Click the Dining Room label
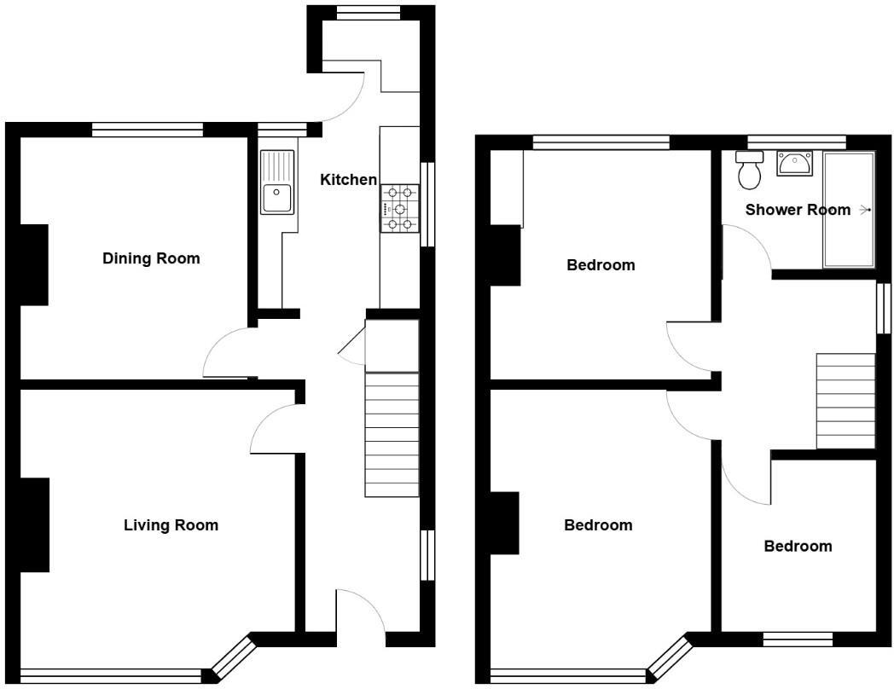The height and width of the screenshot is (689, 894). [x=151, y=258]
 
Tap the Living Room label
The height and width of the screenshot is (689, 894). [x=171, y=525]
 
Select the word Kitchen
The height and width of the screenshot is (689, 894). [x=348, y=180]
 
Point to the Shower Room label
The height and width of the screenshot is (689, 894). [x=798, y=210]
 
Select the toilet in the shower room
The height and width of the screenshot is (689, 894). [x=750, y=171]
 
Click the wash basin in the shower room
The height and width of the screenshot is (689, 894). [x=795, y=162]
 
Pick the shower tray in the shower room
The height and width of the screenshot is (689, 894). [x=848, y=210]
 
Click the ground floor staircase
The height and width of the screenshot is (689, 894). [x=392, y=435]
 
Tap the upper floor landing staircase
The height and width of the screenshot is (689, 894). [x=845, y=401]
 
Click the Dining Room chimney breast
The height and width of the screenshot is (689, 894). [x=34, y=264]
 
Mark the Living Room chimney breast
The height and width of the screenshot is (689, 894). [x=34, y=524]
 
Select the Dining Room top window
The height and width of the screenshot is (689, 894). [x=148, y=130]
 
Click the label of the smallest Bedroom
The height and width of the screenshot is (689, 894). [x=798, y=547]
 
